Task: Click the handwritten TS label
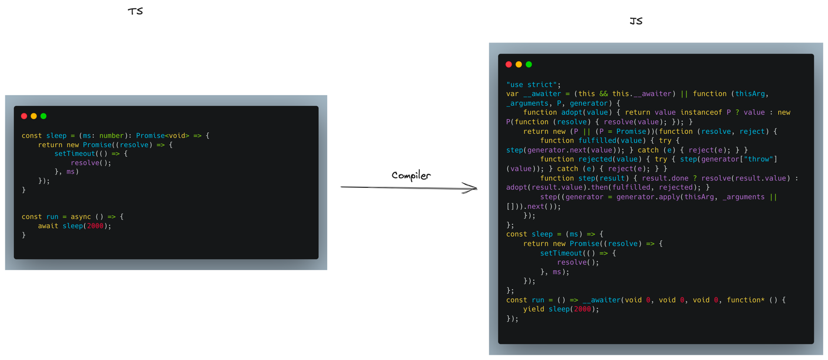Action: (135, 11)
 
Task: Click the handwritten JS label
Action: (635, 21)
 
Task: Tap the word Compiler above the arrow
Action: (411, 175)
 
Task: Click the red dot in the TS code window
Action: (24, 116)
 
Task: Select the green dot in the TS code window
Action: (43, 116)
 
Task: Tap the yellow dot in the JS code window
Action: (519, 65)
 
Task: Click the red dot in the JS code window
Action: (509, 65)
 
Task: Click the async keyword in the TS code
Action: (81, 217)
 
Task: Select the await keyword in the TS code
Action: (48, 226)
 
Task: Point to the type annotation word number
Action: (112, 136)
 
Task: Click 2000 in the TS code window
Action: (95, 226)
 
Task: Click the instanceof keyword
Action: (701, 112)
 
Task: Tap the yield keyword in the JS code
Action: (534, 309)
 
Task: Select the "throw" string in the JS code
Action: (760, 159)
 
